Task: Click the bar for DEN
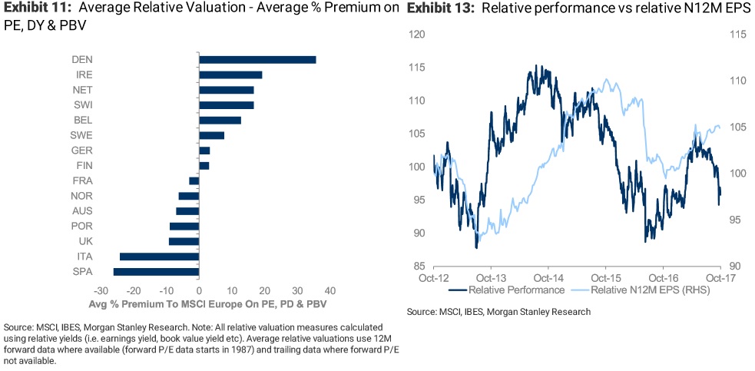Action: (x=257, y=60)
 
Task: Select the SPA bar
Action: (x=156, y=271)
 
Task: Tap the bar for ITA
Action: (x=159, y=257)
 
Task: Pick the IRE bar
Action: (x=230, y=75)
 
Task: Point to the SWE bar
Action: (x=211, y=135)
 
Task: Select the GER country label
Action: (x=82, y=151)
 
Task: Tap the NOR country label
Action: (x=82, y=196)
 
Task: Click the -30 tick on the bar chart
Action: (x=100, y=291)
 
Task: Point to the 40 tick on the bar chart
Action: (x=330, y=291)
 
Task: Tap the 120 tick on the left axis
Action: (x=418, y=35)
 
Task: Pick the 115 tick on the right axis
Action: (x=737, y=35)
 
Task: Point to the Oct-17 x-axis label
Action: (x=720, y=277)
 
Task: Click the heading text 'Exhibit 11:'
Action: (x=36, y=8)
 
